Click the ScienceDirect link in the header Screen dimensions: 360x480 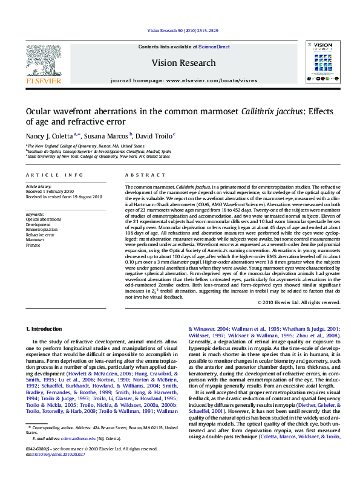click(x=214, y=47)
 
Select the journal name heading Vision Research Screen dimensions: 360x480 click(x=183, y=63)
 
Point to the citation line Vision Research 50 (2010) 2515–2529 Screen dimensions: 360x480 click(x=183, y=30)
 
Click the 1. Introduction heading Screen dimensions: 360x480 click(x=45, y=329)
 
